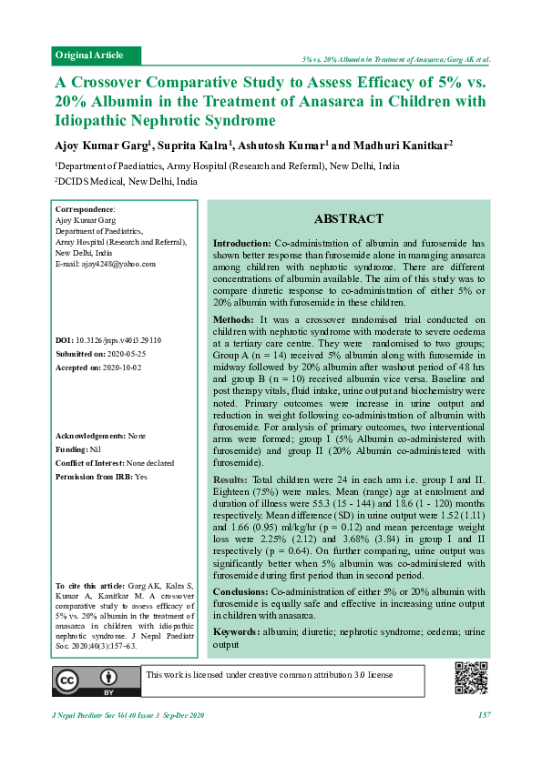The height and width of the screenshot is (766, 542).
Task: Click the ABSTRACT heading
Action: point(349,219)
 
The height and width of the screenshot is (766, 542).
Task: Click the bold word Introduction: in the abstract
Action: point(241,245)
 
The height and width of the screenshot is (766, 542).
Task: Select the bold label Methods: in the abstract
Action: point(234,320)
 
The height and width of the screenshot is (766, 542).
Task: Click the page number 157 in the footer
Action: point(484,715)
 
